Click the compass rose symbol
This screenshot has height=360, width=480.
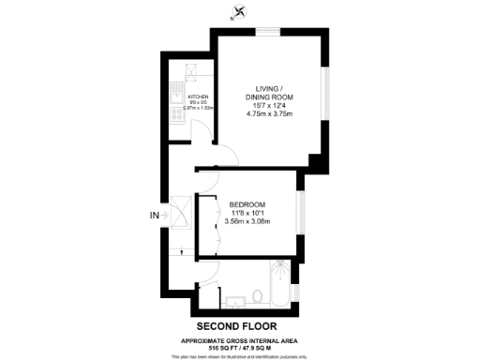point(242,12)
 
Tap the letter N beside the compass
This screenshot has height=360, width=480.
point(232,18)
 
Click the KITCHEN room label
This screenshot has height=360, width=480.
point(198,97)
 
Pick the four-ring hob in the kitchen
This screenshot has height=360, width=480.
point(175,115)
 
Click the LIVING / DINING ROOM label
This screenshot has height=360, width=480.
point(270,93)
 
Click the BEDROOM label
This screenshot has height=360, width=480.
point(247,204)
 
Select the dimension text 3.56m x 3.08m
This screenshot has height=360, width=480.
point(247,222)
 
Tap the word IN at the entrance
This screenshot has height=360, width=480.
point(155,216)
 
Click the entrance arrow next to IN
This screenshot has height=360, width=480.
point(166,216)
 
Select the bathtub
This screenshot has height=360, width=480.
point(278,286)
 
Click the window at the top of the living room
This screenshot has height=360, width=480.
point(269,31)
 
